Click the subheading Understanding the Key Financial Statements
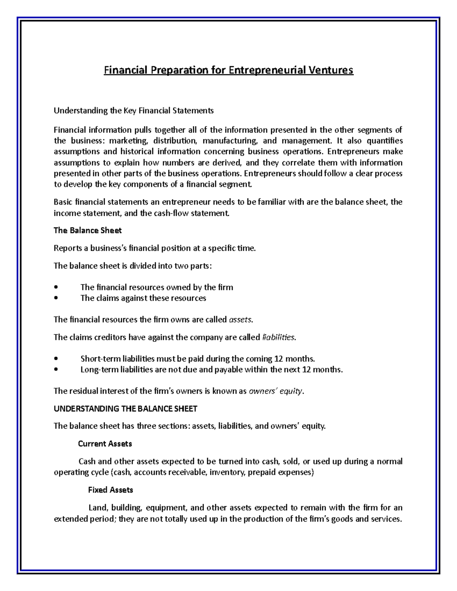pos(133,111)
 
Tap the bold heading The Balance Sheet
pos(88,230)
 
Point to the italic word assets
pos(240,320)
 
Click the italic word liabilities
pos(279,337)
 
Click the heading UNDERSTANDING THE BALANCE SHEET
pos(125,409)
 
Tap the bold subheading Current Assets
pos(105,444)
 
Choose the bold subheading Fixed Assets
pos(110,490)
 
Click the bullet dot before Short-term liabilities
pos(56,359)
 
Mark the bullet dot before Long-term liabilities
pos(56,370)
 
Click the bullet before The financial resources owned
pos(56,287)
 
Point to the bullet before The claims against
pos(56,298)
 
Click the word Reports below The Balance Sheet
pos(67,249)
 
